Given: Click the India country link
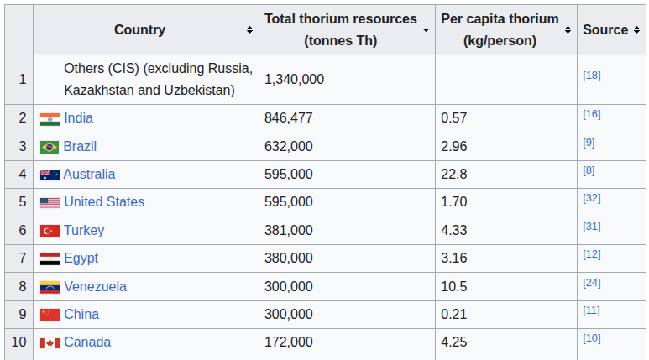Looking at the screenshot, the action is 78,118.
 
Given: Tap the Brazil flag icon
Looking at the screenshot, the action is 50,147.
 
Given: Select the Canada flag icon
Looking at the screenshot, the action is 50,343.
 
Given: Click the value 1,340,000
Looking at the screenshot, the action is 295,79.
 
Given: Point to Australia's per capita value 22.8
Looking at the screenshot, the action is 453,175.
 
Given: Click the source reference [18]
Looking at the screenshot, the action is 591,76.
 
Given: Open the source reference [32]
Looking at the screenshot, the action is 591,198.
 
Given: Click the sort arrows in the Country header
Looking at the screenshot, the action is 249,30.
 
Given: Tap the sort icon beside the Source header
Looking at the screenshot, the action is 636,30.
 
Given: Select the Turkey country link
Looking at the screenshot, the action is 84,230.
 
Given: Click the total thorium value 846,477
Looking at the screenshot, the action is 289,118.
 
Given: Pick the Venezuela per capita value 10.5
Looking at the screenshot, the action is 453,286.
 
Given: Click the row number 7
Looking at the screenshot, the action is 23,258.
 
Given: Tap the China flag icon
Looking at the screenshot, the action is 50,315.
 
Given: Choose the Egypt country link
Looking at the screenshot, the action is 81,258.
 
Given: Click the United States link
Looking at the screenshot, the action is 104,202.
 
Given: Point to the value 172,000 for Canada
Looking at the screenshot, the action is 289,342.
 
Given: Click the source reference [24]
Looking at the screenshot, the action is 591,283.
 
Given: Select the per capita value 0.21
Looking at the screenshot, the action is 453,315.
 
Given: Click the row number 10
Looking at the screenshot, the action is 19,342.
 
